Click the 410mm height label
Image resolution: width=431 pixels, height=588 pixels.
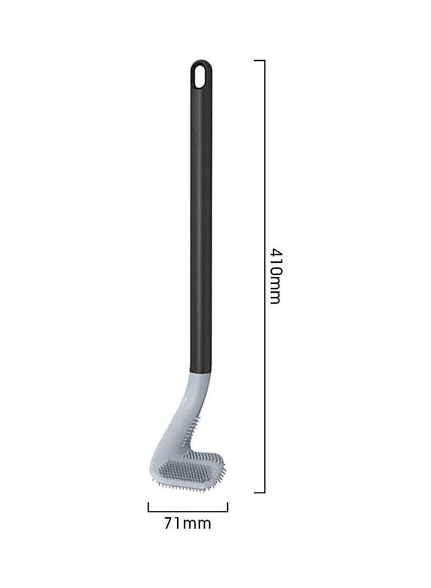275,275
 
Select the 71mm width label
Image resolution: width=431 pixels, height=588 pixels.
187,523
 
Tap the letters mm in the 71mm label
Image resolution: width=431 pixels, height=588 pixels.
198,523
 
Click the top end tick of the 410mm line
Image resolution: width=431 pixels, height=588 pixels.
259,61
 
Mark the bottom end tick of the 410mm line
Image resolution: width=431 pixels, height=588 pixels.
259,492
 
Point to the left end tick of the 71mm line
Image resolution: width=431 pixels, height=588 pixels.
148,506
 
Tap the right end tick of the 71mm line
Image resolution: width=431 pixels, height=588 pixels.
227,506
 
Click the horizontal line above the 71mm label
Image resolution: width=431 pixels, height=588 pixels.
187,510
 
